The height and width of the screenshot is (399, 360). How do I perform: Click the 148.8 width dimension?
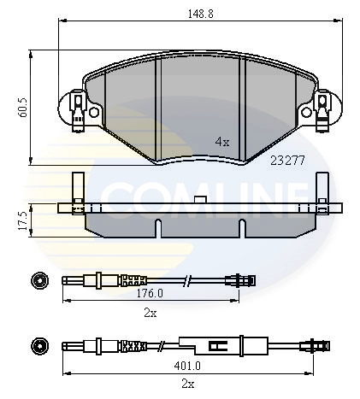pos(200,14)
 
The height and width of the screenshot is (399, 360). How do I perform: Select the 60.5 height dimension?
pos(22,108)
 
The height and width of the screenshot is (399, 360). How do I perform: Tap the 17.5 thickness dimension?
pos(22,220)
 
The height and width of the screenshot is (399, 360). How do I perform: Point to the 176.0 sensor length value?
pos(150,293)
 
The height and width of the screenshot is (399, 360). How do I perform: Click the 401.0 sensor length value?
pos(187,366)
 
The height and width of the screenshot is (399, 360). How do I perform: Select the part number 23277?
pos(287,161)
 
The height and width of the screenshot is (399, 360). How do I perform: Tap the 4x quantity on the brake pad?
pos(222,142)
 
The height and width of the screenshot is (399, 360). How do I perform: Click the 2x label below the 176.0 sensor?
pos(150,314)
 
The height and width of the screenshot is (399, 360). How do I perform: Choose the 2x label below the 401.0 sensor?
pos(188,384)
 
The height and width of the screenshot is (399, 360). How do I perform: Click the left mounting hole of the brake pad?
pos(94,112)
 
